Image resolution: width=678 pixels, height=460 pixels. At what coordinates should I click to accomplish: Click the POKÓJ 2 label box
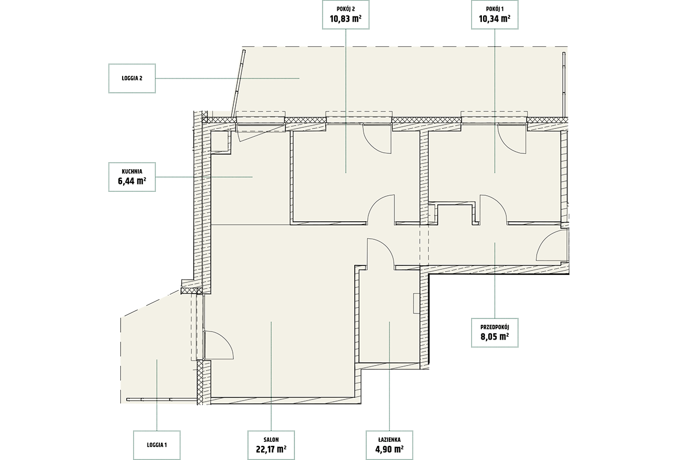(346, 15)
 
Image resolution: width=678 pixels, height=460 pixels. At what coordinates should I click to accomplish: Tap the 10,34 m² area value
(494, 19)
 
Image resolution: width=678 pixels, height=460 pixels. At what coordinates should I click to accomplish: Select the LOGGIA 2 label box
(132, 78)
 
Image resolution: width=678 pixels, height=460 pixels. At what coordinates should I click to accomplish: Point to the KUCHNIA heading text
(132, 171)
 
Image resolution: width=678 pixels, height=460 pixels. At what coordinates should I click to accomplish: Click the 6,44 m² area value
(132, 181)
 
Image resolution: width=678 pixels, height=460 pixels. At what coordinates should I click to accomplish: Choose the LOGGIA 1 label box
(157, 445)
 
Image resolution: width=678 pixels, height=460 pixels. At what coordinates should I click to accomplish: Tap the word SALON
(271, 440)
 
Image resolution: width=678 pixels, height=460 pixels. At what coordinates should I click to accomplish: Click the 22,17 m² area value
(271, 449)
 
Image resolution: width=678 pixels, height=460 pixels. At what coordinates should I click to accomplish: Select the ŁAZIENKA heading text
(389, 440)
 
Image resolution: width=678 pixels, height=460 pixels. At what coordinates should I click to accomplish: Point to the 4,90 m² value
(389, 449)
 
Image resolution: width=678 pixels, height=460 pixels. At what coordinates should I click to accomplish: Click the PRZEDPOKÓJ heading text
(494, 327)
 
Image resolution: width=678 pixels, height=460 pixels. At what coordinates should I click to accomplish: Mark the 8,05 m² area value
(494, 336)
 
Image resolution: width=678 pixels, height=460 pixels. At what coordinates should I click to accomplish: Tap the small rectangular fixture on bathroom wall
(416, 303)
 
